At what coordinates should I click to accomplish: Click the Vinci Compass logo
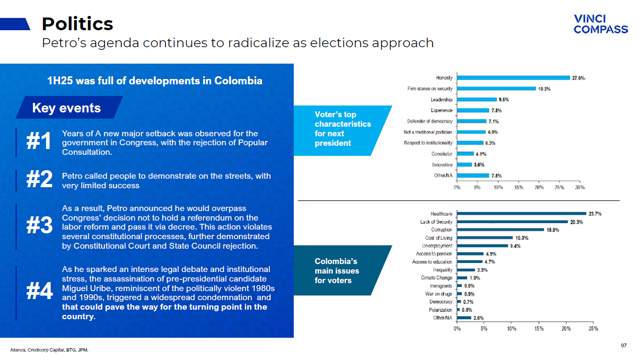tap(600, 24)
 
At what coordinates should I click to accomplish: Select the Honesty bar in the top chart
tap(513, 78)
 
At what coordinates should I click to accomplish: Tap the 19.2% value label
tap(545, 89)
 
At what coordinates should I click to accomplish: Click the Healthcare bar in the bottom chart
tap(521, 214)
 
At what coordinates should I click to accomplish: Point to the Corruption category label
tap(442, 230)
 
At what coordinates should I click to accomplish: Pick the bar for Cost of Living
tap(485, 238)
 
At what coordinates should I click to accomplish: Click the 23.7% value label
tap(595, 214)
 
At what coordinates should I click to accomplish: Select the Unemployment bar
tap(483, 246)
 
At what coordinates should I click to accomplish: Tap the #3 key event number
tap(39, 226)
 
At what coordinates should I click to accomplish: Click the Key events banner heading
tap(66, 108)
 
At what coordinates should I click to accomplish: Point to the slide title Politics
tap(77, 24)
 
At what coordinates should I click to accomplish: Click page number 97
tap(624, 346)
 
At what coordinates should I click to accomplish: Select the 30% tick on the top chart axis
tap(580, 187)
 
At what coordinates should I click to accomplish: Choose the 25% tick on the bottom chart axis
tap(593, 329)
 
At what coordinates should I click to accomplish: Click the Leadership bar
tap(477, 100)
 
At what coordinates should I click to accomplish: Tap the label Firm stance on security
tap(430, 89)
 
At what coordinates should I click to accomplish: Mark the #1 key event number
tap(39, 142)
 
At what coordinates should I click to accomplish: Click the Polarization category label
tap(441, 310)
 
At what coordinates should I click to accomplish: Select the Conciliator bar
tap(465, 154)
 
